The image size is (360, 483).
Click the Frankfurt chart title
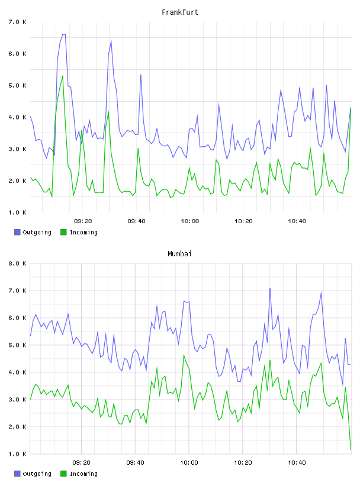pos(180,12)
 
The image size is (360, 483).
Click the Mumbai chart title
pos(179,254)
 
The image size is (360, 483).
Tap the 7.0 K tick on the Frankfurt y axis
pos(17,22)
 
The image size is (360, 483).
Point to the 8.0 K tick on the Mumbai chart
pos(17,263)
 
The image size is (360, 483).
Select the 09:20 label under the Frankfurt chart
pos(83,221)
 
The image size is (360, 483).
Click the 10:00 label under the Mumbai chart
pos(189,463)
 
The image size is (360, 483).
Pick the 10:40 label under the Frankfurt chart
pos(297,221)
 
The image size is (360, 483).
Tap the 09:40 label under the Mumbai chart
pos(136,463)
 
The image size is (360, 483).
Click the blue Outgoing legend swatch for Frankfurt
pos(17,232)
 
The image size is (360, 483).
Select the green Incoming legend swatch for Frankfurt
pos(63,232)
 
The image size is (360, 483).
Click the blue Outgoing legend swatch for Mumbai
pos(17,474)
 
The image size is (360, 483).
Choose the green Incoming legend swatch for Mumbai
pos(63,474)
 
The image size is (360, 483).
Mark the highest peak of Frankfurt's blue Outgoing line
pos(63,34)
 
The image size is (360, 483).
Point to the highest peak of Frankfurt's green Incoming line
pos(63,76)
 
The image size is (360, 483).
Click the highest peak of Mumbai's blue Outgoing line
pos(270,289)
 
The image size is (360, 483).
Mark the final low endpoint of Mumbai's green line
pos(351,449)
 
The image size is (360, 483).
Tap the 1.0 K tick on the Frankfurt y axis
pos(17,212)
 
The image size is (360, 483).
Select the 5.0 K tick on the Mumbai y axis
pos(17,345)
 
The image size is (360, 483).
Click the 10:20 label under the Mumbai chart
pos(243,463)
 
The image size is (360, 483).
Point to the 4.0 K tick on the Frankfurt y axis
pos(17,117)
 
